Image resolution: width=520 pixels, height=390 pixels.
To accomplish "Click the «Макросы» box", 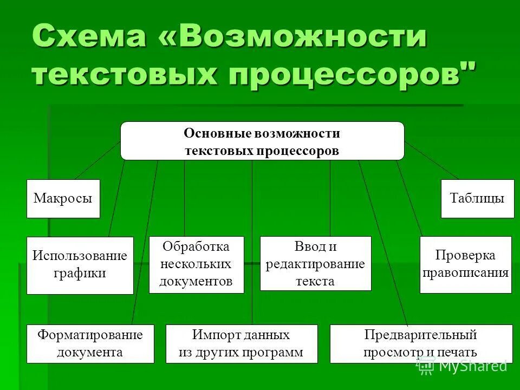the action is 63,198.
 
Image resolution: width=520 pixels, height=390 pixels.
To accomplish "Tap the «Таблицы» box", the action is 477,198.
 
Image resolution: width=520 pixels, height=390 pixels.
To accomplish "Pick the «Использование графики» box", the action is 80,265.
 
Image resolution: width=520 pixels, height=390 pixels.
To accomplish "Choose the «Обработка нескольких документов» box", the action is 196,264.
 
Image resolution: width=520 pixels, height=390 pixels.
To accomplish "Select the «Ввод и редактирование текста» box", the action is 315,264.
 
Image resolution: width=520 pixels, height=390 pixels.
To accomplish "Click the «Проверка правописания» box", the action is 466,264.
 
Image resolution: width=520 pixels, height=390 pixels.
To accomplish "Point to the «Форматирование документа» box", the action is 90,343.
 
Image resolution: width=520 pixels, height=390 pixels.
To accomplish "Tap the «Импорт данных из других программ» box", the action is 241,343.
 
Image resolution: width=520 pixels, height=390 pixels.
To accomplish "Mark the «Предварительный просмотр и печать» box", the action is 420,343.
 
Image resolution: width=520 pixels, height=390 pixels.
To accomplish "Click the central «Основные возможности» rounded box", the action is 262,141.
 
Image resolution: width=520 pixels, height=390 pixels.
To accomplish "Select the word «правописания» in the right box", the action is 466,272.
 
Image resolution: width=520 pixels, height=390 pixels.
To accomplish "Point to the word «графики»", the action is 80,273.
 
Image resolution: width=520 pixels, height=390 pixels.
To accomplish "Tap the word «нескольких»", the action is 196,264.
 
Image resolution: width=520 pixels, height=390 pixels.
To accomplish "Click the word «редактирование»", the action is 315,264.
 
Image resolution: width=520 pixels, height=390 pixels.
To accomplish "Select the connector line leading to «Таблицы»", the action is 432,161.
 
